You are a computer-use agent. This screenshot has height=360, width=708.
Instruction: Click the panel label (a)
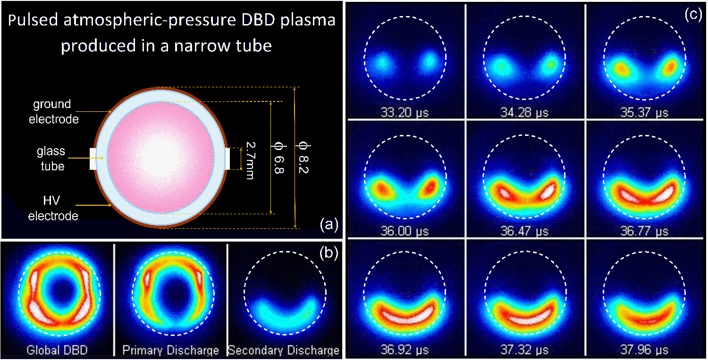click(329, 225)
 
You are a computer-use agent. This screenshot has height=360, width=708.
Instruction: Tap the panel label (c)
click(694, 14)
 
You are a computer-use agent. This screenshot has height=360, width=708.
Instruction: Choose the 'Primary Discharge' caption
click(170, 350)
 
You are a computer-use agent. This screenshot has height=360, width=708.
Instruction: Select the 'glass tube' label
click(51, 159)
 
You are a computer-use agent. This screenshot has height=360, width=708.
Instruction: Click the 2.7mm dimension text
click(251, 159)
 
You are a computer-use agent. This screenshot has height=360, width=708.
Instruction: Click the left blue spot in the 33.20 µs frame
click(383, 62)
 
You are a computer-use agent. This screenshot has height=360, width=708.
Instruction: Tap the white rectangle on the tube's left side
click(93, 159)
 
